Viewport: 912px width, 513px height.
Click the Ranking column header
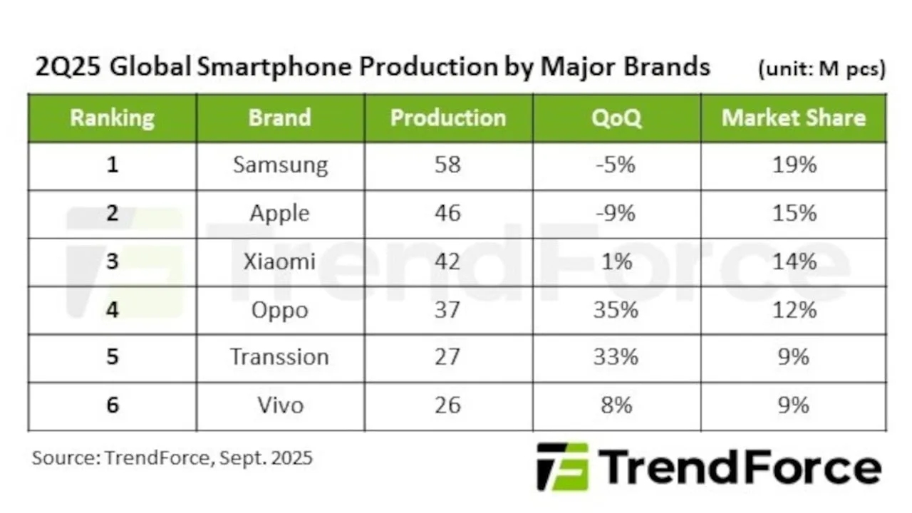112,118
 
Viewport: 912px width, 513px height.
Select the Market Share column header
794,118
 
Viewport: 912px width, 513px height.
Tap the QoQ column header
616,118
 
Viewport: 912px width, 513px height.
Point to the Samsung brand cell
280,165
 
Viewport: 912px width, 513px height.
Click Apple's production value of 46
447,213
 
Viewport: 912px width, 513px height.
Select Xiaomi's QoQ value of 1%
616,261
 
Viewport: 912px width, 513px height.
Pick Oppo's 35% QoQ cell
616,310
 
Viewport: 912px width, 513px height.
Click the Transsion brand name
279,357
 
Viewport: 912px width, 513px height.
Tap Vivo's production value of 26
447,405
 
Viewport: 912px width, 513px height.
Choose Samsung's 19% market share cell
794,165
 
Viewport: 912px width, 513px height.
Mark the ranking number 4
112,310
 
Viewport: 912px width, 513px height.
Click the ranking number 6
112,405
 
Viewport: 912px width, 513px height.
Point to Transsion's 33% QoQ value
616,357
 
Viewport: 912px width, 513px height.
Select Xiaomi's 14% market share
794,261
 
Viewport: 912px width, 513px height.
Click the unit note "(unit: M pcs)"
822,69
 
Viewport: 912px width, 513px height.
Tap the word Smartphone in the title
276,67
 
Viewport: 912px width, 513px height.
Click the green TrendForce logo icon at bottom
562,467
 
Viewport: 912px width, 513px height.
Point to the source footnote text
172,457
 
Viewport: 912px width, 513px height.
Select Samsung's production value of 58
447,165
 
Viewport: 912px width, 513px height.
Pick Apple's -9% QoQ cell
616,213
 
